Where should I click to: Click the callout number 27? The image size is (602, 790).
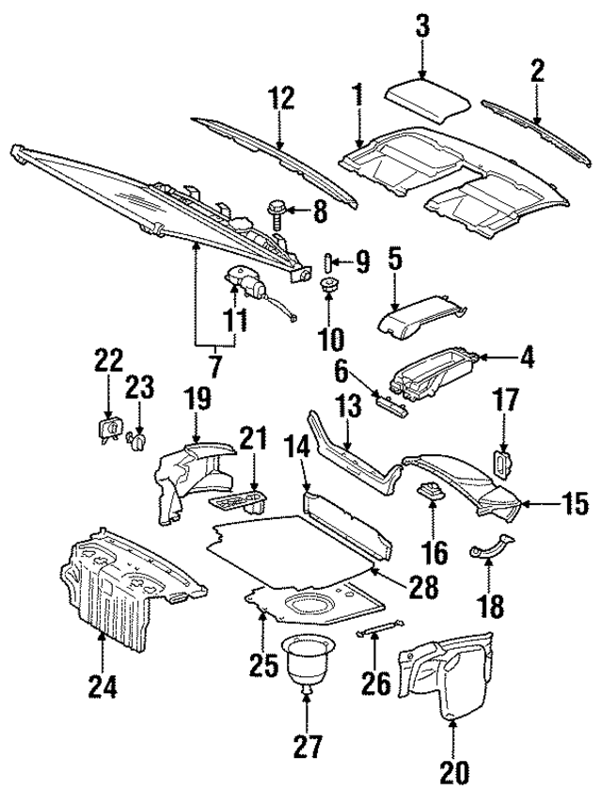pos(308,749)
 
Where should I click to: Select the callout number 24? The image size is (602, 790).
pos(103,688)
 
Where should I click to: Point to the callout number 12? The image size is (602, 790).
pos(280,99)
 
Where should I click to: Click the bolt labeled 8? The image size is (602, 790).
pos(278,210)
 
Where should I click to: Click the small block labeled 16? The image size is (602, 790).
pos(432,489)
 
